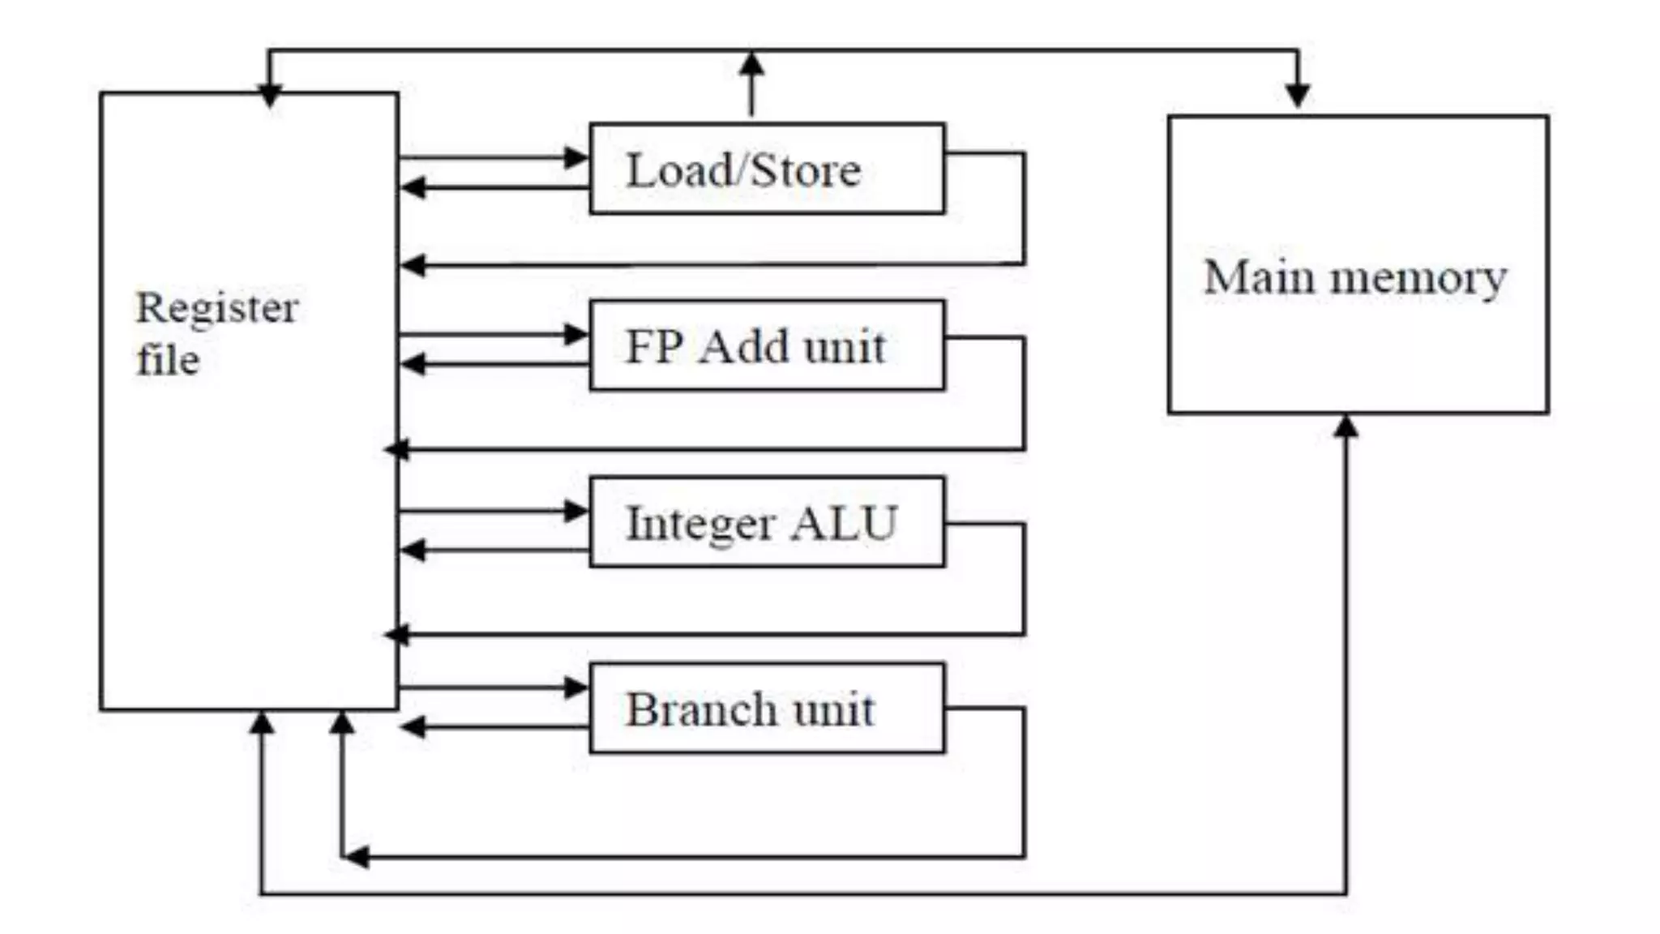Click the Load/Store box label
tap(743, 170)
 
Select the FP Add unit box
tap(767, 346)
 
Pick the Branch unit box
tap(767, 709)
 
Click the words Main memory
tap(1355, 277)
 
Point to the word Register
tap(217, 308)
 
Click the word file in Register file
tap(168, 360)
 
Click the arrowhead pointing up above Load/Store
tap(752, 66)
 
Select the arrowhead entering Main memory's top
tap(1298, 94)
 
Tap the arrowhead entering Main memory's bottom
tap(1346, 426)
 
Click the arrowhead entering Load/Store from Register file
tap(576, 157)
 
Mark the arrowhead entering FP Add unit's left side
tap(576, 334)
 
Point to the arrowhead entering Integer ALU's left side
tap(576, 511)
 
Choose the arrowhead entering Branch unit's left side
tap(576, 688)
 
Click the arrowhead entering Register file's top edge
tap(269, 96)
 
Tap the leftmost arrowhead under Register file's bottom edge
tap(261, 722)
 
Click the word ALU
tap(844, 523)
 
